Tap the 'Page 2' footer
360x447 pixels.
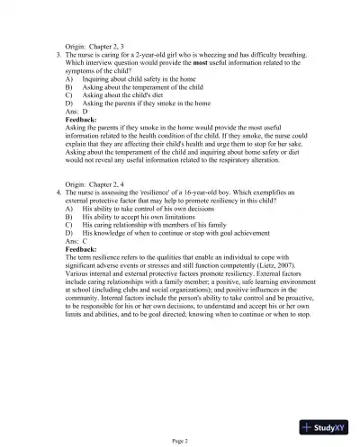pyautogui.click(x=179, y=440)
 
